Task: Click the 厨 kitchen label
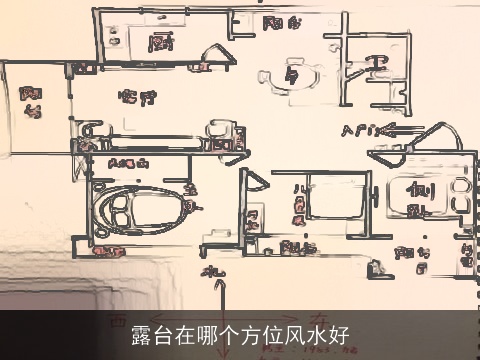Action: (157, 43)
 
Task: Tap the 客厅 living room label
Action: (138, 98)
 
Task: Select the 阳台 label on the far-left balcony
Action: (32, 101)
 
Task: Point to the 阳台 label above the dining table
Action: (279, 23)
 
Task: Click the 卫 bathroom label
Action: (377, 66)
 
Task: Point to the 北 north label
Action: (213, 272)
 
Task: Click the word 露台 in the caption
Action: (151, 334)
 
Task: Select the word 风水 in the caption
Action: (310, 334)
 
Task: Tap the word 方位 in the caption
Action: (252, 334)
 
